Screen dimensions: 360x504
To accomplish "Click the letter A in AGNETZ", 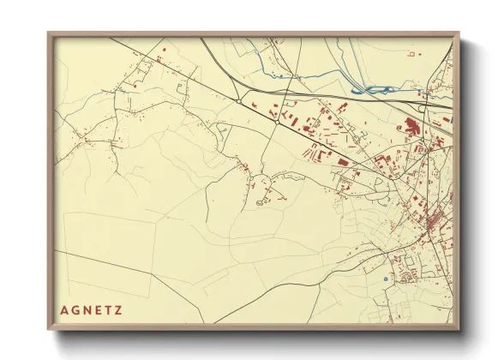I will [x=64, y=308].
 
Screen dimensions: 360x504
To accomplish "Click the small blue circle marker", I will [x=386, y=279].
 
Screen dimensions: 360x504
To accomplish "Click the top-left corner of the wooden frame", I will [x=49, y=33].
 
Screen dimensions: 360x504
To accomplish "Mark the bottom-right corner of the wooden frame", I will [x=459, y=329].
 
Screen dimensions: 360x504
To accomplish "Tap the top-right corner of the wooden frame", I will [x=459, y=33].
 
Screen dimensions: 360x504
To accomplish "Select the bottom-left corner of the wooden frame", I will [x=49, y=329].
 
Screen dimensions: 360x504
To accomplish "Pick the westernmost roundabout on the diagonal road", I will [x=237, y=100].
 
